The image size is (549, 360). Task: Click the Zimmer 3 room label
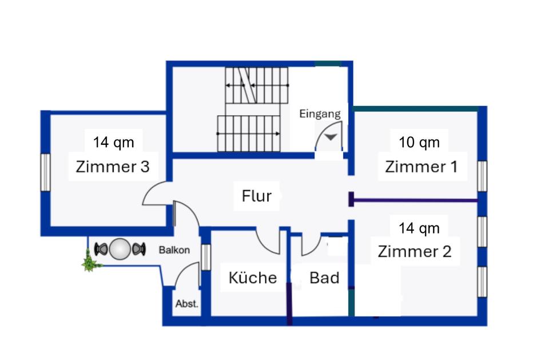113,167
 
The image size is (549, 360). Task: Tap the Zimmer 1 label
421,167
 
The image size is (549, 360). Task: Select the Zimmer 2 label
415,251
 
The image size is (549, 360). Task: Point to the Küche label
252,278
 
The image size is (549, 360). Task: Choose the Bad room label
324,278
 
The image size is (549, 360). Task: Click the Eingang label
320,114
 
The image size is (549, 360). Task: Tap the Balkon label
174,250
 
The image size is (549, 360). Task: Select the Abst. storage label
187,304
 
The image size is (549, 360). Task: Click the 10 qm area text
419,142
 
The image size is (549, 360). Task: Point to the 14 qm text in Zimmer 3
113,142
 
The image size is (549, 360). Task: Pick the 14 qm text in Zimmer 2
419,228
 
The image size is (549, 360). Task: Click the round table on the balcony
120,249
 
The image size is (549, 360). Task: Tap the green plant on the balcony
90,263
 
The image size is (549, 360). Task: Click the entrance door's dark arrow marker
331,137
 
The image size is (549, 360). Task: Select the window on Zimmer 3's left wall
45,172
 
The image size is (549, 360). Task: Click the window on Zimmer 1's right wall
482,175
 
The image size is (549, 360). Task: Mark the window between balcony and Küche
206,256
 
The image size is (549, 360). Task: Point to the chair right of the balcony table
138,249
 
